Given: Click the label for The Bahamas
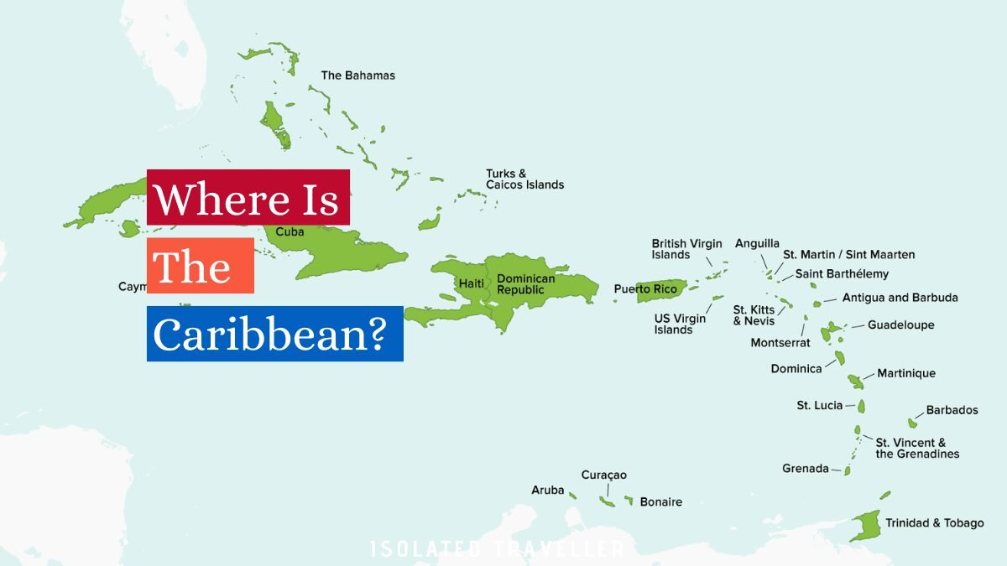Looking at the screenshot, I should coord(357,75).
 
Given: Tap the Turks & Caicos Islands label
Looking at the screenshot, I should coord(524,179).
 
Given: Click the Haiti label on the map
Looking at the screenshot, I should coord(471,284).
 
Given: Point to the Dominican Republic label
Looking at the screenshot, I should coord(525,284).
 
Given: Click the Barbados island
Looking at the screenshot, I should coord(913,423).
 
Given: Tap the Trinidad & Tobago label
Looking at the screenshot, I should coord(934,523).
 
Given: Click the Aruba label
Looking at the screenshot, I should coord(547,490).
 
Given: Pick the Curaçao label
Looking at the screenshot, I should coord(603,475).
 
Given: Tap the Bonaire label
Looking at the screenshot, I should coord(660,502).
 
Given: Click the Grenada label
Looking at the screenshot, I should coord(805,469).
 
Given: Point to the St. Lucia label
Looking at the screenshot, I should coord(819,406).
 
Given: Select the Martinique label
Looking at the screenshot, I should coord(905,373).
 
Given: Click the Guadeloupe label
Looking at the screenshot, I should coord(900,325).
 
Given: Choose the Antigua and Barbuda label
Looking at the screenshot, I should coord(900,298).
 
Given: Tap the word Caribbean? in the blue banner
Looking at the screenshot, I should coord(269,334).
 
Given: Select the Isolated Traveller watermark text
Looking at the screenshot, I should coord(497,549).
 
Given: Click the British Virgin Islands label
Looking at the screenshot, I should coord(686,249).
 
